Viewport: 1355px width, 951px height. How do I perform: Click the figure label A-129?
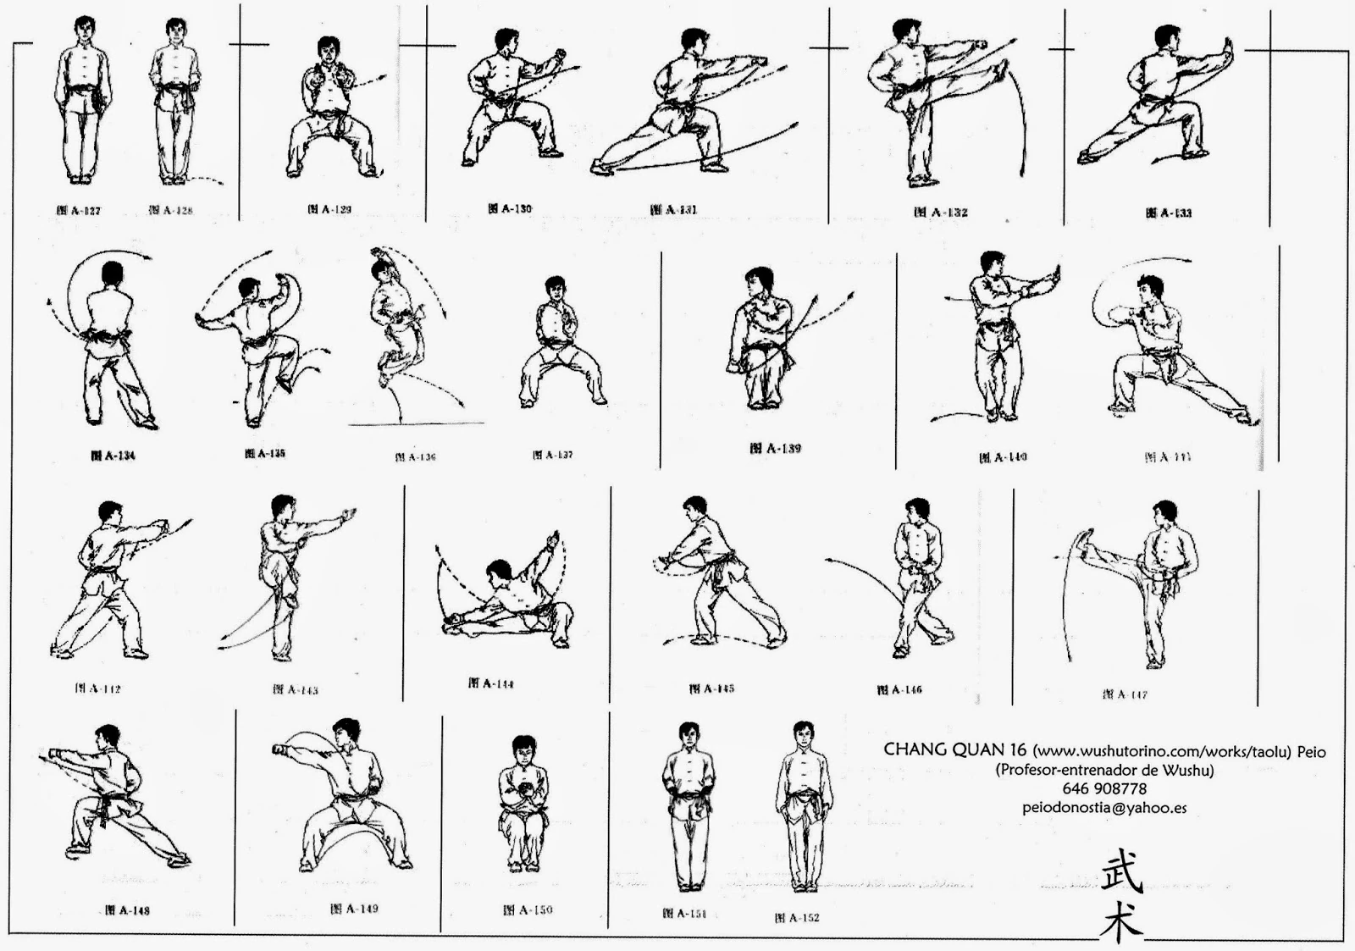(x=329, y=209)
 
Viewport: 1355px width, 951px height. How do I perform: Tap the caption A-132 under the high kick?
(x=940, y=212)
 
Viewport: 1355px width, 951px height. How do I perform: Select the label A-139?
(x=774, y=448)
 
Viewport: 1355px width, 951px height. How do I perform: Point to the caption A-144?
(x=491, y=683)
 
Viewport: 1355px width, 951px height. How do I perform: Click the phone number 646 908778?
(x=1104, y=788)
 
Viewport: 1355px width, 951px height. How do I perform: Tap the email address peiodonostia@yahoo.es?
(x=1104, y=807)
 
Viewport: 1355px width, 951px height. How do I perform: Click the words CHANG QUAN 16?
(x=954, y=749)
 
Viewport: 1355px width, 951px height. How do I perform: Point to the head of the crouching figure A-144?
(x=500, y=572)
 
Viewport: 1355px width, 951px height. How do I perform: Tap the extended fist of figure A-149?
(x=279, y=749)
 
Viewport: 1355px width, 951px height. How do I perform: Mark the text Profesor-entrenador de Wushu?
(x=1104, y=770)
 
